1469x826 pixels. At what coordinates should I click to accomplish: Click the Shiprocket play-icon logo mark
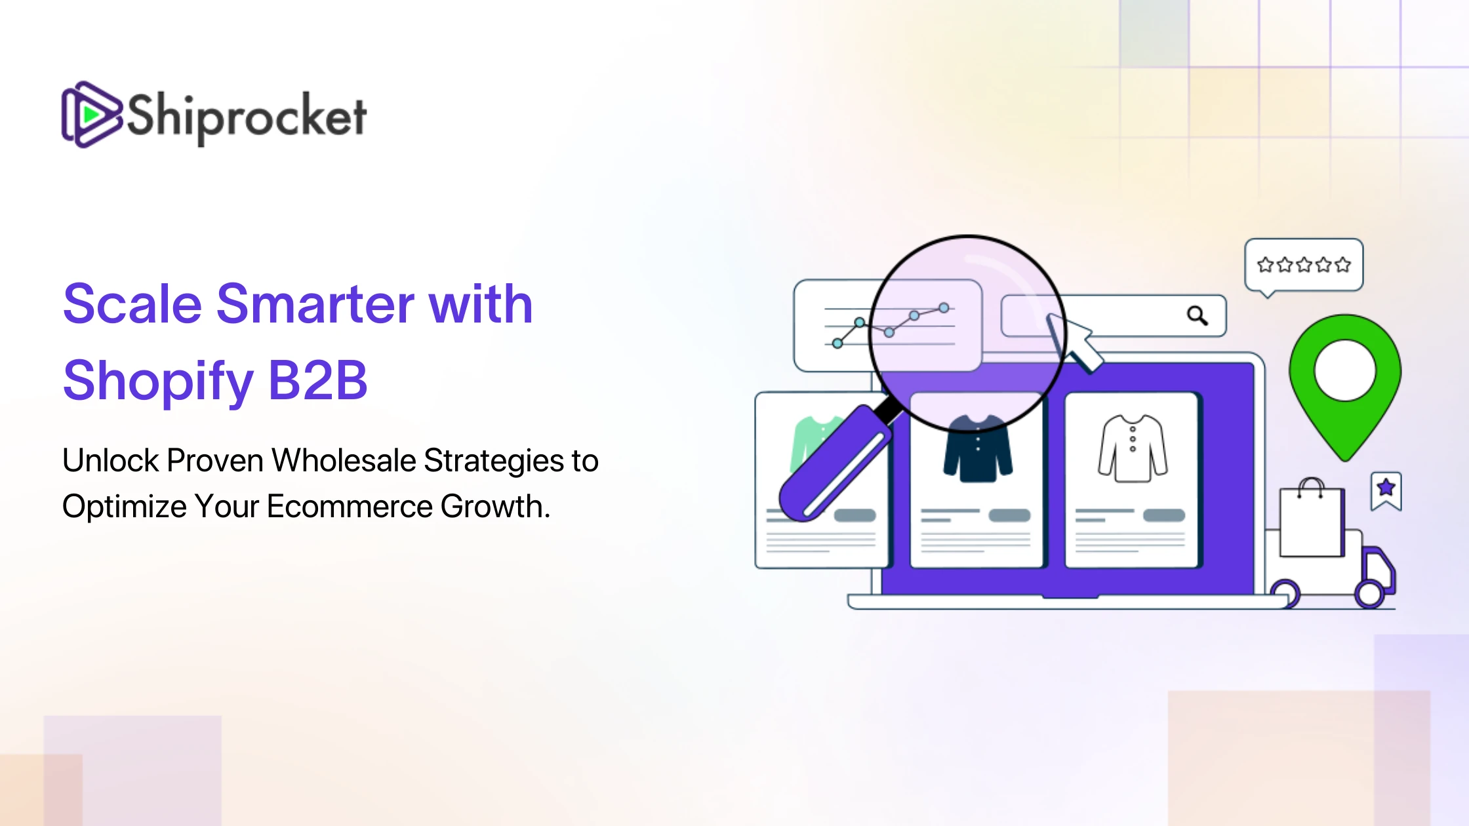click(x=92, y=115)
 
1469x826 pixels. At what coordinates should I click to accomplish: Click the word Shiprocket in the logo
click(x=246, y=117)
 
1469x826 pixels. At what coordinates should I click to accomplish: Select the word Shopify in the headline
click(x=158, y=382)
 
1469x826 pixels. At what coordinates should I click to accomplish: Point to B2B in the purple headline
click(x=318, y=380)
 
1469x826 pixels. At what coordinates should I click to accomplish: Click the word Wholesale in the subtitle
click(x=344, y=460)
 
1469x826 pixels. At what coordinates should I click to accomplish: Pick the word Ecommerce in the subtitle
click(x=350, y=506)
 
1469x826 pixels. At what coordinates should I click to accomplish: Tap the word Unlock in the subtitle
click(x=111, y=460)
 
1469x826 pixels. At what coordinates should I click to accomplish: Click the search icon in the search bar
click(x=1197, y=316)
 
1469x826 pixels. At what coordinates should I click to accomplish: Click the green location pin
click(x=1345, y=387)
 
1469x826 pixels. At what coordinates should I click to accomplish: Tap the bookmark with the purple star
click(x=1386, y=491)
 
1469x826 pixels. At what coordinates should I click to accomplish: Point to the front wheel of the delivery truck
click(x=1369, y=594)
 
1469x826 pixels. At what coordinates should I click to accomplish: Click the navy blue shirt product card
click(x=977, y=480)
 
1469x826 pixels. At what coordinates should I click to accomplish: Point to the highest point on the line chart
click(x=944, y=307)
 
